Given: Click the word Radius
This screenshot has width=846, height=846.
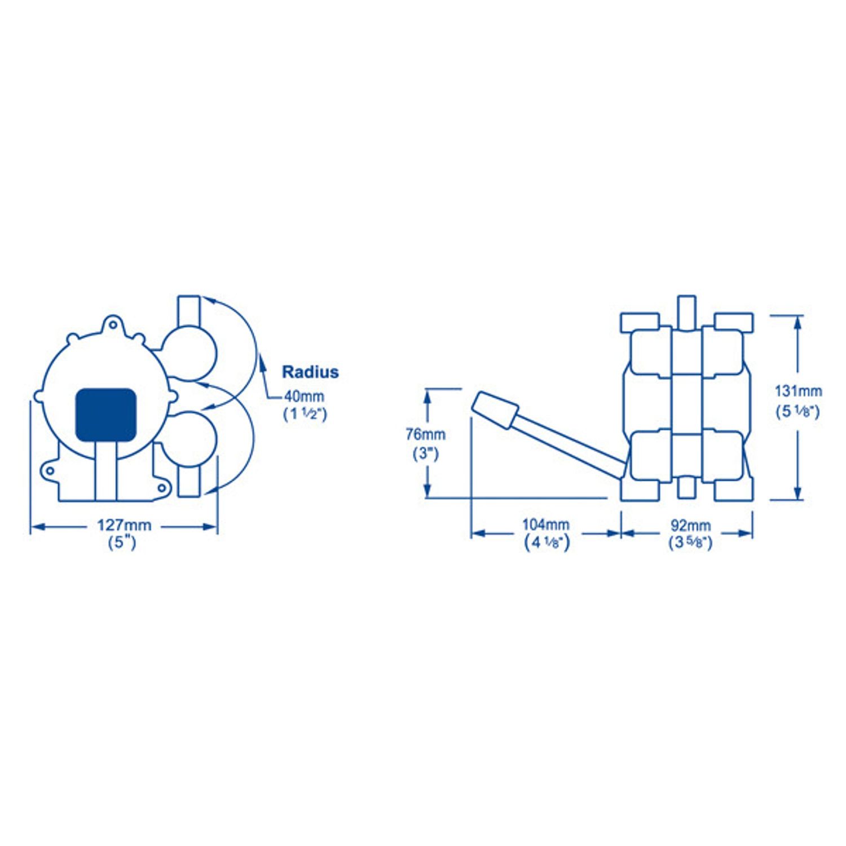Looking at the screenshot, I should [x=310, y=372].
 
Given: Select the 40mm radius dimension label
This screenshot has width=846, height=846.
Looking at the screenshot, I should [x=304, y=396].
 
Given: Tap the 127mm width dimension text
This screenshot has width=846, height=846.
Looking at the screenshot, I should [x=124, y=525].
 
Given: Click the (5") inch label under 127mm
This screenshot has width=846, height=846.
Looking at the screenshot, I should [x=122, y=543].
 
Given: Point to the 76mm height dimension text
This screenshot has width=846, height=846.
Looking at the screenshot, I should [x=425, y=434].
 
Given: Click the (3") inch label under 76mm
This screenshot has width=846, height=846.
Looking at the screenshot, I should [x=425, y=453].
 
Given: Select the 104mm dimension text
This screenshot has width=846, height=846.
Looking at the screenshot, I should [x=545, y=525].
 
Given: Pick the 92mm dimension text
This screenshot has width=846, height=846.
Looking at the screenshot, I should [x=690, y=525].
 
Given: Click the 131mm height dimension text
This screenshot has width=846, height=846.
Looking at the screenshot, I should [x=798, y=391].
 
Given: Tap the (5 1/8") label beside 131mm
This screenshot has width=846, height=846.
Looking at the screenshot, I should [x=798, y=411].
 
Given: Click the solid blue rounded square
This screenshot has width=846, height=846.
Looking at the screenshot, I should [x=106, y=415].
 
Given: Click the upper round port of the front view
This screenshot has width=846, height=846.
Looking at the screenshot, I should [x=190, y=353].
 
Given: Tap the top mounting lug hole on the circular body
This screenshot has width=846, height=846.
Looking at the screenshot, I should [x=113, y=325].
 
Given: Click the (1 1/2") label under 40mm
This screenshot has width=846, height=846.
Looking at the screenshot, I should [x=305, y=414].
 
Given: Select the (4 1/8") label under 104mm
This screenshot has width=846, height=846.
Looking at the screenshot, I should [x=547, y=543].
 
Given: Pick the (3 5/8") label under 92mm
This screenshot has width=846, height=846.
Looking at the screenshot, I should [x=690, y=543].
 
